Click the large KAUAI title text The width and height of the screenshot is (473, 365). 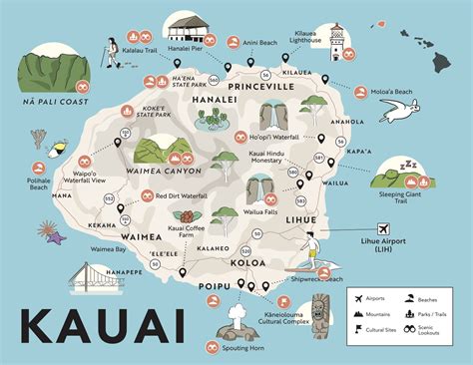[99, 326]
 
